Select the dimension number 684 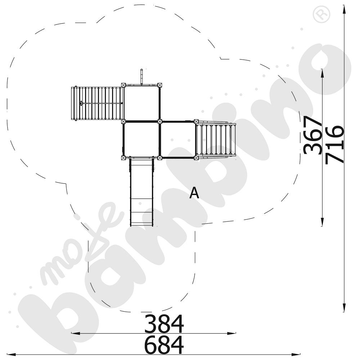tap(164, 345)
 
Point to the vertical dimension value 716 tap(334, 144)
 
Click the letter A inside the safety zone tap(194, 193)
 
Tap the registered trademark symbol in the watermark tap(321, 14)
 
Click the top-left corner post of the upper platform tap(123, 85)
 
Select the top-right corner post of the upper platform tap(160, 85)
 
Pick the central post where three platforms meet tap(160, 121)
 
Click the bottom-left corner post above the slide tap(123, 158)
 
